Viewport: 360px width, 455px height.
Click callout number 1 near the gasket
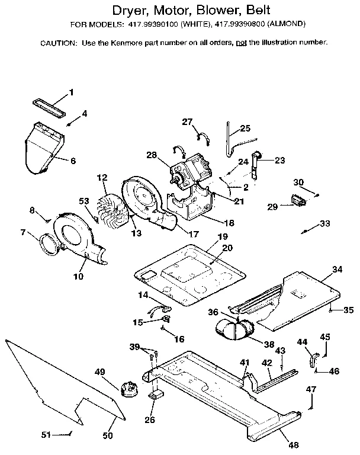pyautogui.click(x=72, y=92)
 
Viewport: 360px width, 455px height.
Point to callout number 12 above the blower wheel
pyautogui.click(x=102, y=177)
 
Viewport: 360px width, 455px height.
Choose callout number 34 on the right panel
pyautogui.click(x=337, y=270)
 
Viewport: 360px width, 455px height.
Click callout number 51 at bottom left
pyautogui.click(x=46, y=434)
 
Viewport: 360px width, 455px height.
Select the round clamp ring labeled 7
pyautogui.click(x=49, y=243)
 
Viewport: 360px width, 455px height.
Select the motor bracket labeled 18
pyautogui.click(x=192, y=204)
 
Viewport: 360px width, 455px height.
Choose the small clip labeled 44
pyautogui.click(x=312, y=360)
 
